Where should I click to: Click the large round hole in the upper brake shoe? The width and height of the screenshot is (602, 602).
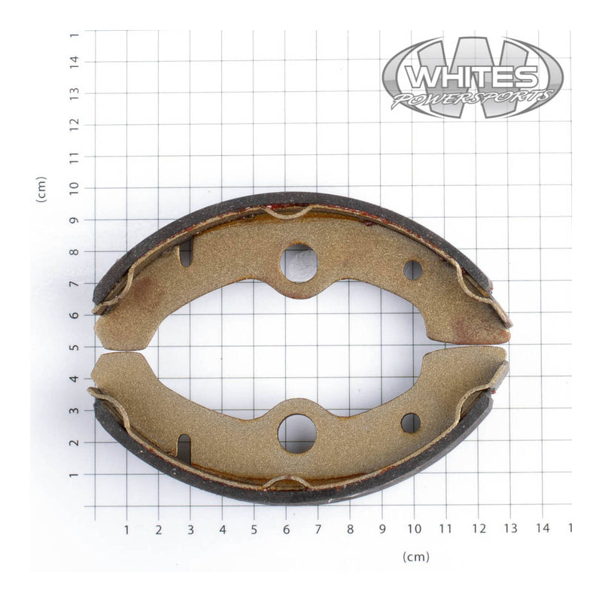tap(299, 263)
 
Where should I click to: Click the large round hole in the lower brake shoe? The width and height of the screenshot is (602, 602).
tap(297, 433)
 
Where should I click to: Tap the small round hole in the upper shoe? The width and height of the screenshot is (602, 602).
tap(412, 270)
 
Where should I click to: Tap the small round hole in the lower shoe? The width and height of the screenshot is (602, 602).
tap(411, 423)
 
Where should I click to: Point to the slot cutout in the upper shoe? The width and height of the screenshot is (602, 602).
tap(185, 254)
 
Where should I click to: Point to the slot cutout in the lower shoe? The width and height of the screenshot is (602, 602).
tap(184, 448)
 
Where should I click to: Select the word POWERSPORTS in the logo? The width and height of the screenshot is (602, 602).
tap(473, 99)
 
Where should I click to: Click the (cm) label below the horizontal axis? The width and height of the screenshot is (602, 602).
tap(415, 557)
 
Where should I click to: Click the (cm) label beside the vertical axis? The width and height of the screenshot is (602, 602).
tap(41, 189)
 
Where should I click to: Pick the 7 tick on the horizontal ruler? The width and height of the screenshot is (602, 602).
tap(318, 529)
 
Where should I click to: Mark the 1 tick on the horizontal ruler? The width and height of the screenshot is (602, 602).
tap(126, 529)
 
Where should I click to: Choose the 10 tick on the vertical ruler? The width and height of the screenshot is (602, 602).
tap(74, 188)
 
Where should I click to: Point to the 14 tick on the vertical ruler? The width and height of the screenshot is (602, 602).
tap(74, 61)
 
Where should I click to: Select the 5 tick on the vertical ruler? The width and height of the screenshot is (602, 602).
tap(74, 348)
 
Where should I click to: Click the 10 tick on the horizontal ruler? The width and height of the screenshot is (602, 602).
tap(414, 529)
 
